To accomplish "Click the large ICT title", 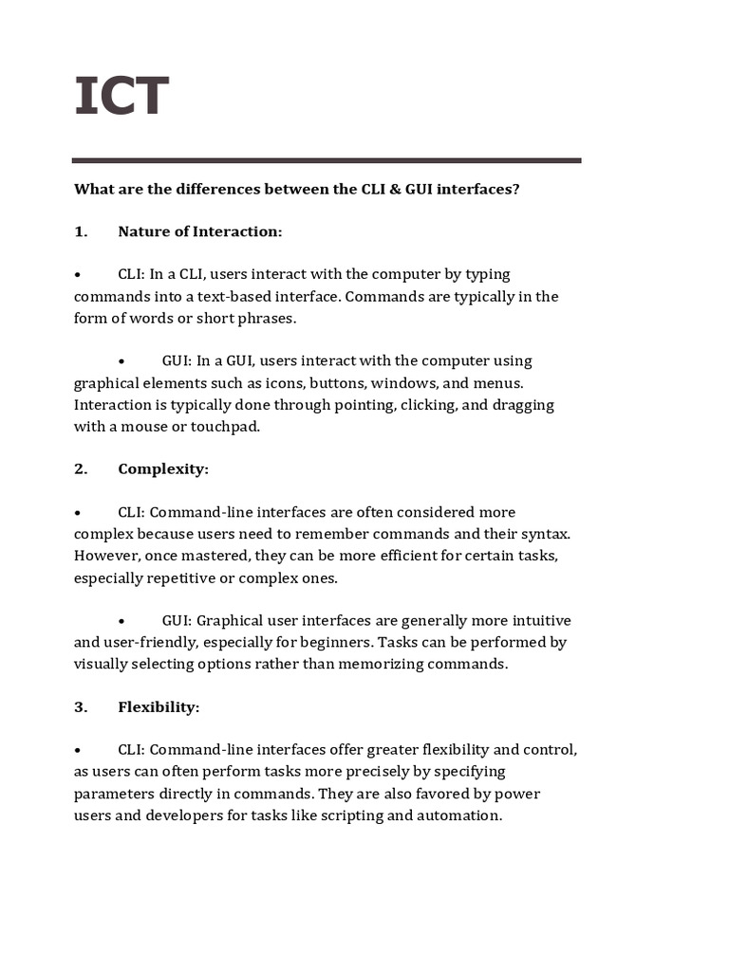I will pyautogui.click(x=121, y=96).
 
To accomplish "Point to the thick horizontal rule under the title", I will pyautogui.click(x=327, y=160).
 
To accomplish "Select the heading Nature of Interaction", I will pyautogui.click(x=199, y=231).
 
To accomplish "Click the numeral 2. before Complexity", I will pyautogui.click(x=81, y=468).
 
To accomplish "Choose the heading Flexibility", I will pyautogui.click(x=159, y=706).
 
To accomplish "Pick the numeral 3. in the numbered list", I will pyautogui.click(x=81, y=706).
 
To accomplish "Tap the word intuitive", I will pyautogui.click(x=537, y=620).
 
